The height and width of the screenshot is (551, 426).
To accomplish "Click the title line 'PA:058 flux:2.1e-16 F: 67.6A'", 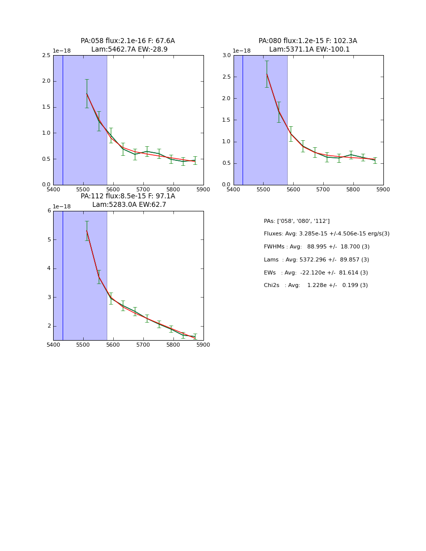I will coord(128,41).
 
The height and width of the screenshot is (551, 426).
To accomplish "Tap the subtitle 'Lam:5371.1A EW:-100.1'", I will coord(309,50).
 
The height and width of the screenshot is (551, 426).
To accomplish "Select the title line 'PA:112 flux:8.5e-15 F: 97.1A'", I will coord(128,196).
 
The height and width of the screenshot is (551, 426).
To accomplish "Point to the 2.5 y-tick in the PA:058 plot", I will coord(46,55).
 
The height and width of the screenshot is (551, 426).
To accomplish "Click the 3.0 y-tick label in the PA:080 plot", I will coord(227,55).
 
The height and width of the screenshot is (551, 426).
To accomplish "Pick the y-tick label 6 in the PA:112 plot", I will coord(49,211).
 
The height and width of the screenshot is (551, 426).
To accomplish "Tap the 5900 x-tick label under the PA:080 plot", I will coord(383,189).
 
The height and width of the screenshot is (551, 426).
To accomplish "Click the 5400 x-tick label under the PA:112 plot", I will coord(53,345).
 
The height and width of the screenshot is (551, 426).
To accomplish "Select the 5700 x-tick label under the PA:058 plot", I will coord(143,189).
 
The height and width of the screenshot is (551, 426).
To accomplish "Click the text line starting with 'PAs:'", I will coord(297,221).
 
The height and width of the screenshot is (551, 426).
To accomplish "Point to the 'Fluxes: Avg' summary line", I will coord(326,234).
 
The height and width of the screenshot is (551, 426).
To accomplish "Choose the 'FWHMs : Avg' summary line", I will coord(316,247).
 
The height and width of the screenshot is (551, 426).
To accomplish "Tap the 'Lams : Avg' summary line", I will coord(316,260).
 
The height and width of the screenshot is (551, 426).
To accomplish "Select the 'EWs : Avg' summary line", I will coord(316,273).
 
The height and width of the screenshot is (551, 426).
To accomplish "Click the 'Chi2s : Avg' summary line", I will coord(316,286).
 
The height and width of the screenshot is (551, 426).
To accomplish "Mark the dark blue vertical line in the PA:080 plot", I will coord(243,120).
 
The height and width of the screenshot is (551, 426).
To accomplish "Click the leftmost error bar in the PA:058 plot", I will coord(87,93).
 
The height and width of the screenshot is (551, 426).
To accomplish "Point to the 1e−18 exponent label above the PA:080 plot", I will coord(242,51).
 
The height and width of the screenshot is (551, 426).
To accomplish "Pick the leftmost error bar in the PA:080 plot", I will coord(267,74).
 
